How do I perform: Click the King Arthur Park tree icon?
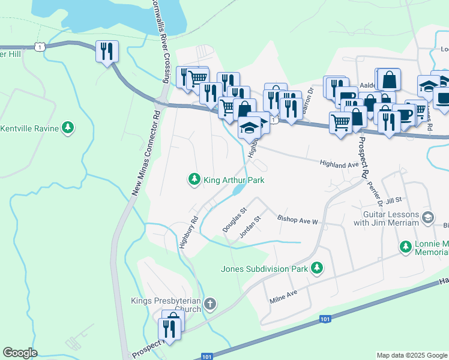[194, 179]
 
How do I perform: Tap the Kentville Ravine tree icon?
[69, 128]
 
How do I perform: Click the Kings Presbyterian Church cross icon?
[209, 303]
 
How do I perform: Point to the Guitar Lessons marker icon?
[428, 217]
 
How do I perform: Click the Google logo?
[20, 353]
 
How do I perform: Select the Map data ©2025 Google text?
[411, 355]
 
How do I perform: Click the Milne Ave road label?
[284, 296]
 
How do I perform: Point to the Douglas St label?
[235, 220]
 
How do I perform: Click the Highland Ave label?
[339, 163]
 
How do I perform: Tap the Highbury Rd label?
[188, 230]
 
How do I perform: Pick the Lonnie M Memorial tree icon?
[406, 246]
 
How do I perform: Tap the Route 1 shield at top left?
[40, 46]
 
